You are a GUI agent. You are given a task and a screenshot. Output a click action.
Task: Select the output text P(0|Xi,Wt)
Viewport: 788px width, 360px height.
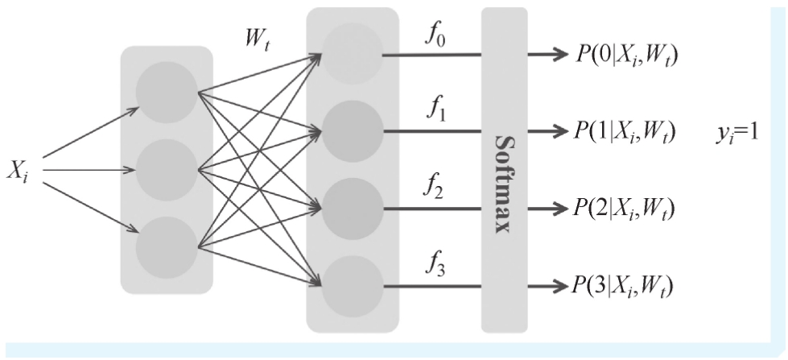point(628,55)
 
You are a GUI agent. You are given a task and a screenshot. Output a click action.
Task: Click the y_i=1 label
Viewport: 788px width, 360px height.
point(724,130)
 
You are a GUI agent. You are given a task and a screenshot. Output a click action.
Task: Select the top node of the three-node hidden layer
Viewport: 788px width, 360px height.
point(167,92)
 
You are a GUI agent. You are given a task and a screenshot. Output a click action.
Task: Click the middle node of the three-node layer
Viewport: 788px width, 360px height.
point(167,170)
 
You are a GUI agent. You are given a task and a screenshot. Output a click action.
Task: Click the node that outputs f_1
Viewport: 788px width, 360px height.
point(352,130)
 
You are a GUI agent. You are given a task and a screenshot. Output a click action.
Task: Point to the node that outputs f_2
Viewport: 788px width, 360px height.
point(352,208)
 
